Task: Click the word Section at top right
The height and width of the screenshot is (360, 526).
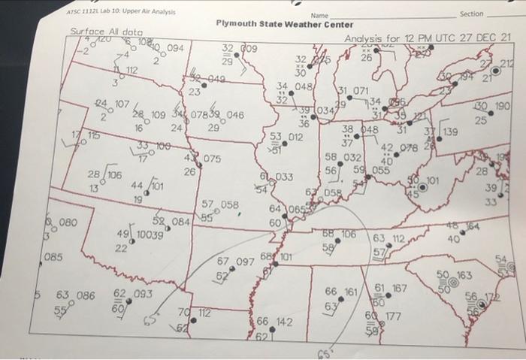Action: (471, 14)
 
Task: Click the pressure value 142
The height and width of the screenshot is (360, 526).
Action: (283, 321)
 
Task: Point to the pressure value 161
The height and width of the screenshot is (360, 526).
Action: (352, 290)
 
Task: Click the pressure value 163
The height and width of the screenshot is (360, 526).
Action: (464, 276)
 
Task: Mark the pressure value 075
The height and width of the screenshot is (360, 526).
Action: (211, 159)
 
